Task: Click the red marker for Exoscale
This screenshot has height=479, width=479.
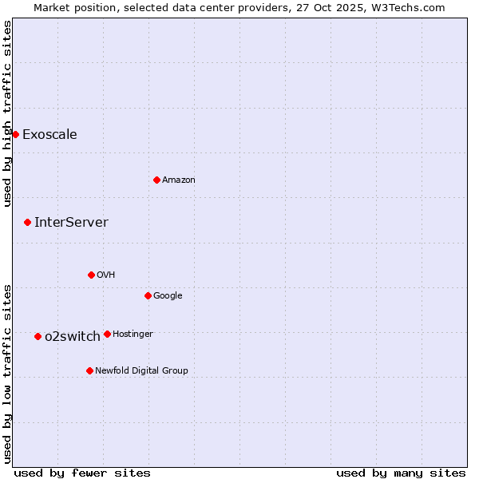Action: [x=15, y=134]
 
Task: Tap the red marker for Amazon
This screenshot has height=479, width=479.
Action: [x=156, y=180]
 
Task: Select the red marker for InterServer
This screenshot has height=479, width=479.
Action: [x=27, y=222]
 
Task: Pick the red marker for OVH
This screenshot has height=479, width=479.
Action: [x=91, y=275]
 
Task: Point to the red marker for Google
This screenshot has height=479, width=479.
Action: [x=148, y=295]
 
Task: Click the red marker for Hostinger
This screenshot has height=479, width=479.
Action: [x=107, y=334]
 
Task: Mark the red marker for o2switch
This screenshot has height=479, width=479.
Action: [x=38, y=336]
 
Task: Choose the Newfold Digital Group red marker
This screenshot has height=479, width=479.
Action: [x=89, y=370]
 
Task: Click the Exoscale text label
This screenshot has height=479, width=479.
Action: [x=49, y=134]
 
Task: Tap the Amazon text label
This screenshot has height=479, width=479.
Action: [x=179, y=180]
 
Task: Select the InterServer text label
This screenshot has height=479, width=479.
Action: [x=71, y=222]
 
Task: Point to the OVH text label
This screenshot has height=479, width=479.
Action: [x=106, y=275]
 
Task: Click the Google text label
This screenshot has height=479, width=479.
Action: [x=168, y=295]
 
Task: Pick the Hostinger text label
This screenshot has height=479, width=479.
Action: [x=133, y=334]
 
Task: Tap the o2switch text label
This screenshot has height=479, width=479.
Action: [x=73, y=336]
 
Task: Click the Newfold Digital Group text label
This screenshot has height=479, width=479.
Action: [x=141, y=370]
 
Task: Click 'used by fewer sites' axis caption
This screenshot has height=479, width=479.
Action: [x=82, y=473]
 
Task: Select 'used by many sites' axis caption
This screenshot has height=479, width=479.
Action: [x=401, y=473]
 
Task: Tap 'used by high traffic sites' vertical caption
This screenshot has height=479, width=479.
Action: [x=8, y=113]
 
